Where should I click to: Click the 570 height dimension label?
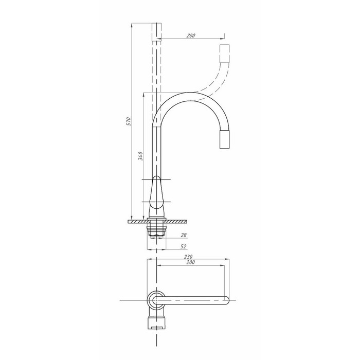[x=129, y=121]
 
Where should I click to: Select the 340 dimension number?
[x=140, y=156]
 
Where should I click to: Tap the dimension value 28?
[x=184, y=235]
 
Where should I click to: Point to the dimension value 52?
[x=184, y=246]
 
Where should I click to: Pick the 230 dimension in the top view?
[x=188, y=257]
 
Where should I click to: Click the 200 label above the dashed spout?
[x=191, y=35]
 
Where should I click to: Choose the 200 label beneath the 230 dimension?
[x=191, y=262]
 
